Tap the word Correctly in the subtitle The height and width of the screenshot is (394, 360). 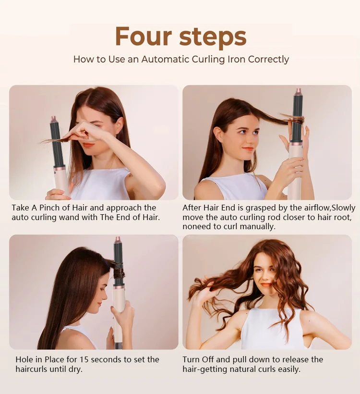coord(268,60)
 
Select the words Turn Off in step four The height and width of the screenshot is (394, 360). coord(200,359)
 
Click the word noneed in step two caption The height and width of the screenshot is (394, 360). coord(196,227)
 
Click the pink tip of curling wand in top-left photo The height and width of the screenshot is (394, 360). coord(53,119)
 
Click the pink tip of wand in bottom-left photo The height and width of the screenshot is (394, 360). coord(118,240)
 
